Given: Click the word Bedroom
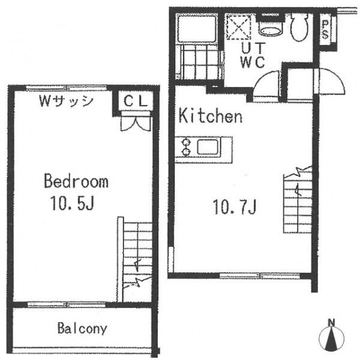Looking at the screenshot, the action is [x=76, y=181].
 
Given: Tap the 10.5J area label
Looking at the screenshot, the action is [x=72, y=203].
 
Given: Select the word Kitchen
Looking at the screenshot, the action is [x=211, y=116].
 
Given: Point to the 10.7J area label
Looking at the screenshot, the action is [x=235, y=207].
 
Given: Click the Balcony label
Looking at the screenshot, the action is [x=82, y=329].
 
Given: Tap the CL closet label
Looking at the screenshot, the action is [x=136, y=101].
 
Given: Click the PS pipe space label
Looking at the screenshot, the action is [x=325, y=29].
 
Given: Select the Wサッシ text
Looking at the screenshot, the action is [x=66, y=101].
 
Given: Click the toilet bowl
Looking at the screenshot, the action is [x=299, y=27].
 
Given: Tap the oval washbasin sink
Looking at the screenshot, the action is [x=271, y=31].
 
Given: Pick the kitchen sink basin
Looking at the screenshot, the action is [x=208, y=147].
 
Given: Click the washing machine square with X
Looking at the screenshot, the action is [x=239, y=27].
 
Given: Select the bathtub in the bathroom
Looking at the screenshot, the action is [x=197, y=28].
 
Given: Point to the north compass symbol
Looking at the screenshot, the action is [x=331, y=335].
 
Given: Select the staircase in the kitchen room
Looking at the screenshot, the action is [x=298, y=199].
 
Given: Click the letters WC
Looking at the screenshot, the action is [x=253, y=62].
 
